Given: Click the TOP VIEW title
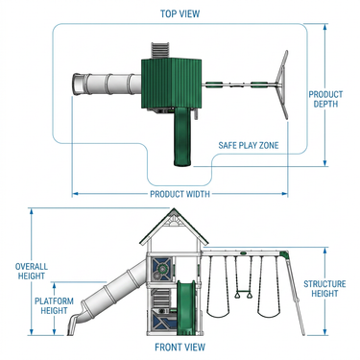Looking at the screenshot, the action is (180, 13).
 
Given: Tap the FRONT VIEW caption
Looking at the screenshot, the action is (180, 347).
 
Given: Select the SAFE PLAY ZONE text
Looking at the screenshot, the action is (249, 145).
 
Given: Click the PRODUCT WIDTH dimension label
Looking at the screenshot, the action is (180, 194).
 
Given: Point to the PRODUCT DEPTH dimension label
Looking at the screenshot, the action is (325, 99).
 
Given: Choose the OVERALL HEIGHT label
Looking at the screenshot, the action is (32, 271).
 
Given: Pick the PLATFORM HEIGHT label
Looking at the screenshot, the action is (54, 305).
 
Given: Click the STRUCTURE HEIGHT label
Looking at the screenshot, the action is (324, 289).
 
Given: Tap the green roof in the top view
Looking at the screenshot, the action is (172, 83).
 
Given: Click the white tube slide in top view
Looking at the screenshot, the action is (107, 84).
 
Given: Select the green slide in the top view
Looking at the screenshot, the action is (183, 136).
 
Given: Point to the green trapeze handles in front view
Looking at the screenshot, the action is (243, 294).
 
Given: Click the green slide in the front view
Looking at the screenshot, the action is (186, 308).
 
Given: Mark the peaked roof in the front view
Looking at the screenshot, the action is (174, 227).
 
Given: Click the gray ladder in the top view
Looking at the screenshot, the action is (159, 51).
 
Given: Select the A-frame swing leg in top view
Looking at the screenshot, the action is (283, 84).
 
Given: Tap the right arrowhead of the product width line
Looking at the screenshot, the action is (285, 194).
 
